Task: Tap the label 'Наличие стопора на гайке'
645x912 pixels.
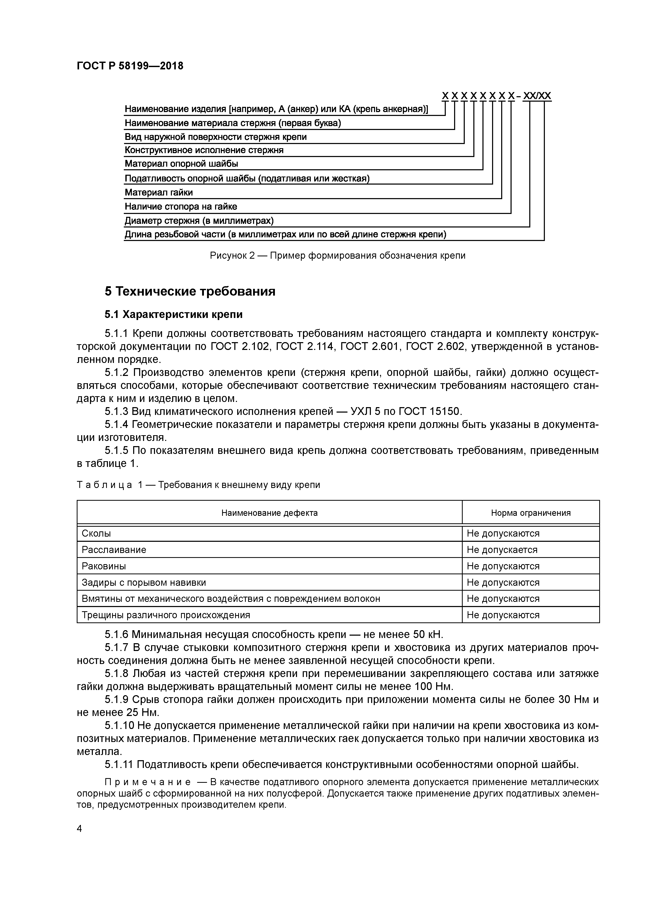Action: (x=181, y=206)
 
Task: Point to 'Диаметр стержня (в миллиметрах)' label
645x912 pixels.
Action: (x=199, y=221)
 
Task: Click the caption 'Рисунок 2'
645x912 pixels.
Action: (x=232, y=255)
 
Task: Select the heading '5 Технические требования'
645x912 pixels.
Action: (x=190, y=291)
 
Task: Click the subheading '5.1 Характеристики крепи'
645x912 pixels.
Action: (x=173, y=315)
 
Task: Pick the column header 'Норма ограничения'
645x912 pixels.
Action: (x=531, y=513)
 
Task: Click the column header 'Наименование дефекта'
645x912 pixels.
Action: (x=269, y=513)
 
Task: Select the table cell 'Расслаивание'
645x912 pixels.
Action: (x=114, y=550)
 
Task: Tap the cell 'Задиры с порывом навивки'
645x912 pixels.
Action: (x=144, y=583)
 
